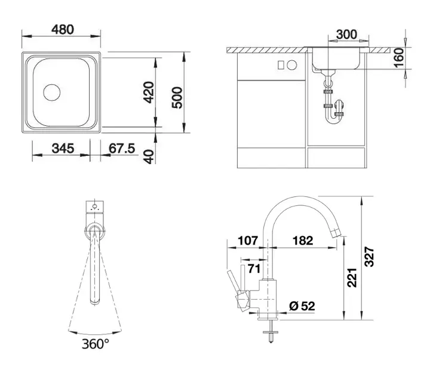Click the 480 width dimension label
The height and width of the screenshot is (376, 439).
click(x=63, y=29)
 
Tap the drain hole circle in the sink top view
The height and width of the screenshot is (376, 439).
click(x=52, y=93)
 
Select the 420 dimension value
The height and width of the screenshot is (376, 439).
click(x=149, y=92)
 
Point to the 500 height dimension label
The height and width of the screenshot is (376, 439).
click(x=177, y=98)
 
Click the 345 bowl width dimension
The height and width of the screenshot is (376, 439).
click(x=63, y=148)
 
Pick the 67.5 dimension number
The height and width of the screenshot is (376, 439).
click(x=122, y=148)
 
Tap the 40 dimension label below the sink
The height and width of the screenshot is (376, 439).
click(x=149, y=156)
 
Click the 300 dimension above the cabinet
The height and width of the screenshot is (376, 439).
click(x=346, y=35)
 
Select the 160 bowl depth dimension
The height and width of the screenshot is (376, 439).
click(x=399, y=58)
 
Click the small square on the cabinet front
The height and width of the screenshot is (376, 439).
click(x=281, y=65)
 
